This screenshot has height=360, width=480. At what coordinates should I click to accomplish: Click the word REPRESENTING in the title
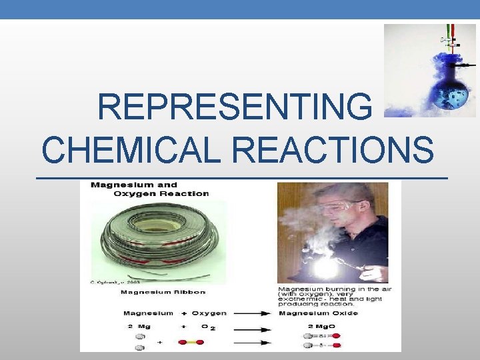click(x=235, y=107)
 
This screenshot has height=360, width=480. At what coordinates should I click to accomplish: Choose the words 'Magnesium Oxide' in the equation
click(x=318, y=313)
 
